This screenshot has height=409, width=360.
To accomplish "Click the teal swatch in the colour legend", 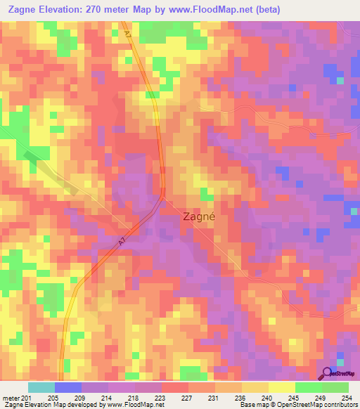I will pos(41,387).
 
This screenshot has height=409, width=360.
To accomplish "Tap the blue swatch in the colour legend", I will pos(68,387).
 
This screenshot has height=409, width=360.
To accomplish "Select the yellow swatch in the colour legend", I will pos(255,387).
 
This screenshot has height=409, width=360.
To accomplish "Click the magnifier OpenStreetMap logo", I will pos(326,373).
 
